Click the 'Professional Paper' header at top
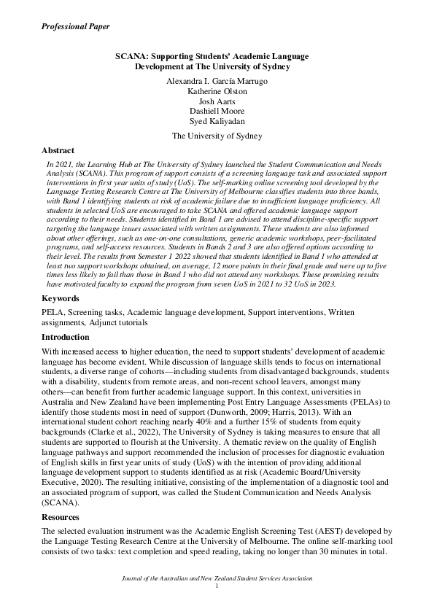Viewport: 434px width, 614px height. click(x=76, y=26)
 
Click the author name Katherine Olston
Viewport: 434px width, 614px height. click(x=217, y=91)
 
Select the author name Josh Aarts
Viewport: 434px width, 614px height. click(x=217, y=101)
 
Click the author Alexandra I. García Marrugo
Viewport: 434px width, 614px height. click(x=217, y=81)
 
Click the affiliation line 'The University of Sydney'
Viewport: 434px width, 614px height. click(x=217, y=136)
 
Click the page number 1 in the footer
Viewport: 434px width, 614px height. click(x=217, y=586)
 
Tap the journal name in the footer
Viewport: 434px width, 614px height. click(x=217, y=578)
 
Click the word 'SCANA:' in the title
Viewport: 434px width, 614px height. click(x=133, y=56)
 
